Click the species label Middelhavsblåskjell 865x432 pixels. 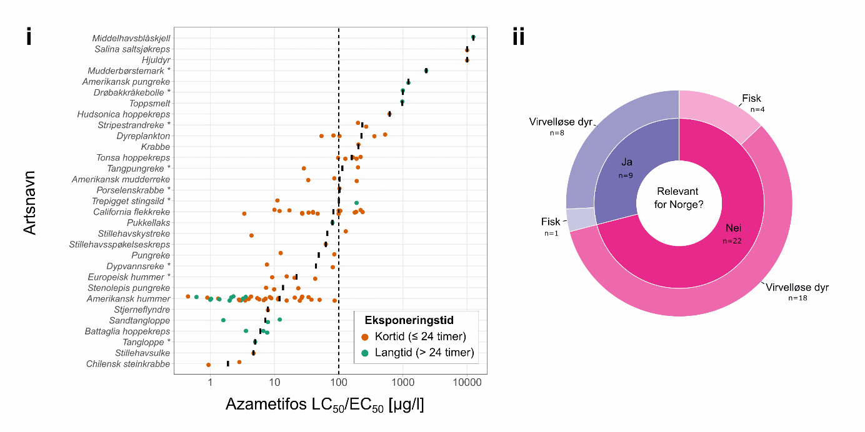(x=131, y=38)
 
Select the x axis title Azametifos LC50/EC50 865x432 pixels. (x=324, y=405)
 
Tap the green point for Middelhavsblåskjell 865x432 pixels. (x=473, y=37)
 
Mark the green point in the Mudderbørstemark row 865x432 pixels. (x=426, y=71)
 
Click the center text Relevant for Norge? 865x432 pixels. (x=679, y=197)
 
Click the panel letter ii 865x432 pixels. (x=518, y=37)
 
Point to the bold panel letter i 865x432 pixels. (x=29, y=37)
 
